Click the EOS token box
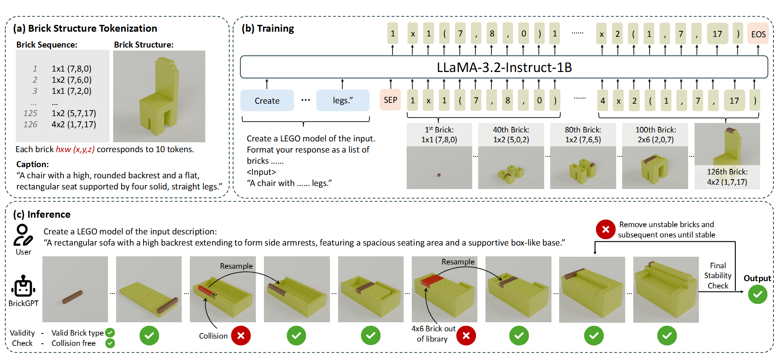click(758, 34)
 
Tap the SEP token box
click(390, 100)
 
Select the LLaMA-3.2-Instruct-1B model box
click(504, 67)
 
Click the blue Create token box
click(267, 101)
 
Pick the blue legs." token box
click(343, 101)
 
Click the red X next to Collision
click(241, 336)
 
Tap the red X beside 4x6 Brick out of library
click(466, 336)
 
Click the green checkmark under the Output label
click(758, 294)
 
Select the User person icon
click(23, 235)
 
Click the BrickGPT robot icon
click(24, 286)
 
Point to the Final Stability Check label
click(718, 276)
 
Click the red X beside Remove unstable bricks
click(605, 229)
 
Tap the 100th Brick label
click(655, 130)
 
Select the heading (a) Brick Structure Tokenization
click(85, 28)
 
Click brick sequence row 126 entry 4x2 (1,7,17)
click(74, 125)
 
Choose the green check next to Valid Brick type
click(110, 333)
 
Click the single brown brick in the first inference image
click(72, 297)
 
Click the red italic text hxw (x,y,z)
click(75, 149)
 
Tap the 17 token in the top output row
click(717, 34)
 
